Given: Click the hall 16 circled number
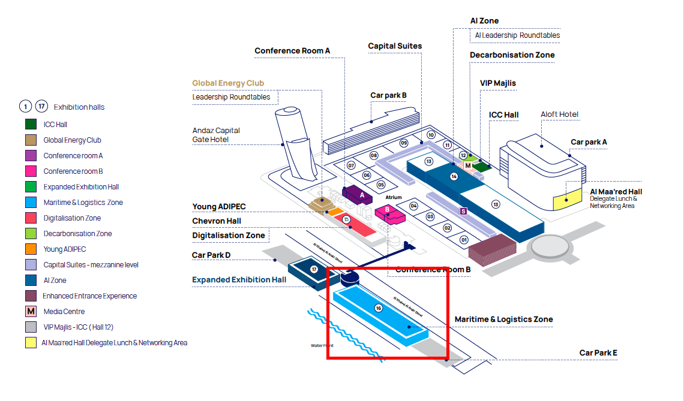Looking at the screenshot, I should click(379, 308).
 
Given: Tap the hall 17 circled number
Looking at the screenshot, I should click(314, 270).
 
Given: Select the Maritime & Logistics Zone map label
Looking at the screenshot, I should click(503, 319).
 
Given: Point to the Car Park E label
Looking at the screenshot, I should click(598, 353).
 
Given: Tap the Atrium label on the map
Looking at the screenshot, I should click(394, 197).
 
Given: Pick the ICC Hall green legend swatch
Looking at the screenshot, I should click(31, 125).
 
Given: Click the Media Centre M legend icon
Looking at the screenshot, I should click(31, 312).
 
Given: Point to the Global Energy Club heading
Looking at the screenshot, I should click(228, 83).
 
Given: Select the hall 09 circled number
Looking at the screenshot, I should click(404, 143).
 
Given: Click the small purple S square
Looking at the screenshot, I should click(463, 211).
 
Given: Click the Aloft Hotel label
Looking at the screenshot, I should click(559, 114).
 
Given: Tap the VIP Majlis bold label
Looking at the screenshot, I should click(497, 83).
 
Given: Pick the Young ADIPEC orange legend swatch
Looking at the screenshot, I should click(31, 249).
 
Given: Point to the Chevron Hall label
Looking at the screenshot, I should click(217, 221).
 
